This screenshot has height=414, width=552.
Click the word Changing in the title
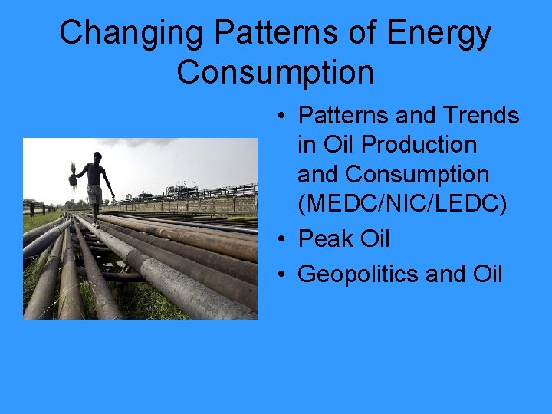pyautogui.click(x=132, y=34)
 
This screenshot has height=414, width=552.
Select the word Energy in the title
pyautogui.click(x=439, y=34)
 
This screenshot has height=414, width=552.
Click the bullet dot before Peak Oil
pyautogui.click(x=283, y=240)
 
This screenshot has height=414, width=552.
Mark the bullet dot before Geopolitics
pyautogui.click(x=283, y=274)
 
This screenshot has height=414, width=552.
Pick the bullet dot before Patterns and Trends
pyautogui.click(x=283, y=117)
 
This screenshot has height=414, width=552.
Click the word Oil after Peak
pyautogui.click(x=375, y=239)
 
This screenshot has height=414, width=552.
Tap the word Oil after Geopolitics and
pyautogui.click(x=485, y=274)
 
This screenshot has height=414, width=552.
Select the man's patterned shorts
pyautogui.click(x=94, y=194)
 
